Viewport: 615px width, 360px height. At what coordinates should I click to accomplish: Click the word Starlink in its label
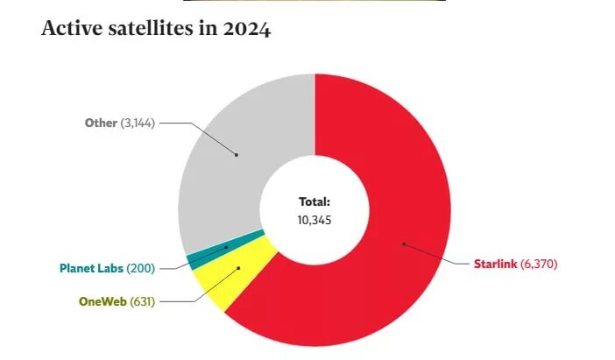pos(494,264)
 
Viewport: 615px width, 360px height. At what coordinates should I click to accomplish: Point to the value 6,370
pos(539,264)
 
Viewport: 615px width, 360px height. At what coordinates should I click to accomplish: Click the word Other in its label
pos(100,123)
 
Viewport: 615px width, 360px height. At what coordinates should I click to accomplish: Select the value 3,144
pos(138,123)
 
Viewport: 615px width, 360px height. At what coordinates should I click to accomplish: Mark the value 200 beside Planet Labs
pos(139,266)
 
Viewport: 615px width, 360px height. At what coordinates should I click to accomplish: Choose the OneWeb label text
pos(102,301)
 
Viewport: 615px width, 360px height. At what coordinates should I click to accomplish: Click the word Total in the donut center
pos(315,201)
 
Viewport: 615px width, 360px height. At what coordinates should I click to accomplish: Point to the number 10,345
pos(315,219)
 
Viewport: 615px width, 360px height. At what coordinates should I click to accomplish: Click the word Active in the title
pos(70,29)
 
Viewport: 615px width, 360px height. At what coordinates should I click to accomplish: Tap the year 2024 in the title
pos(246,29)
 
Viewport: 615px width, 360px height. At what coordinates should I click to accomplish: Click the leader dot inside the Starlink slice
pos(403,244)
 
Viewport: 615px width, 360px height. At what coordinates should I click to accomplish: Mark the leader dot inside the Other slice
pos(237,155)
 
